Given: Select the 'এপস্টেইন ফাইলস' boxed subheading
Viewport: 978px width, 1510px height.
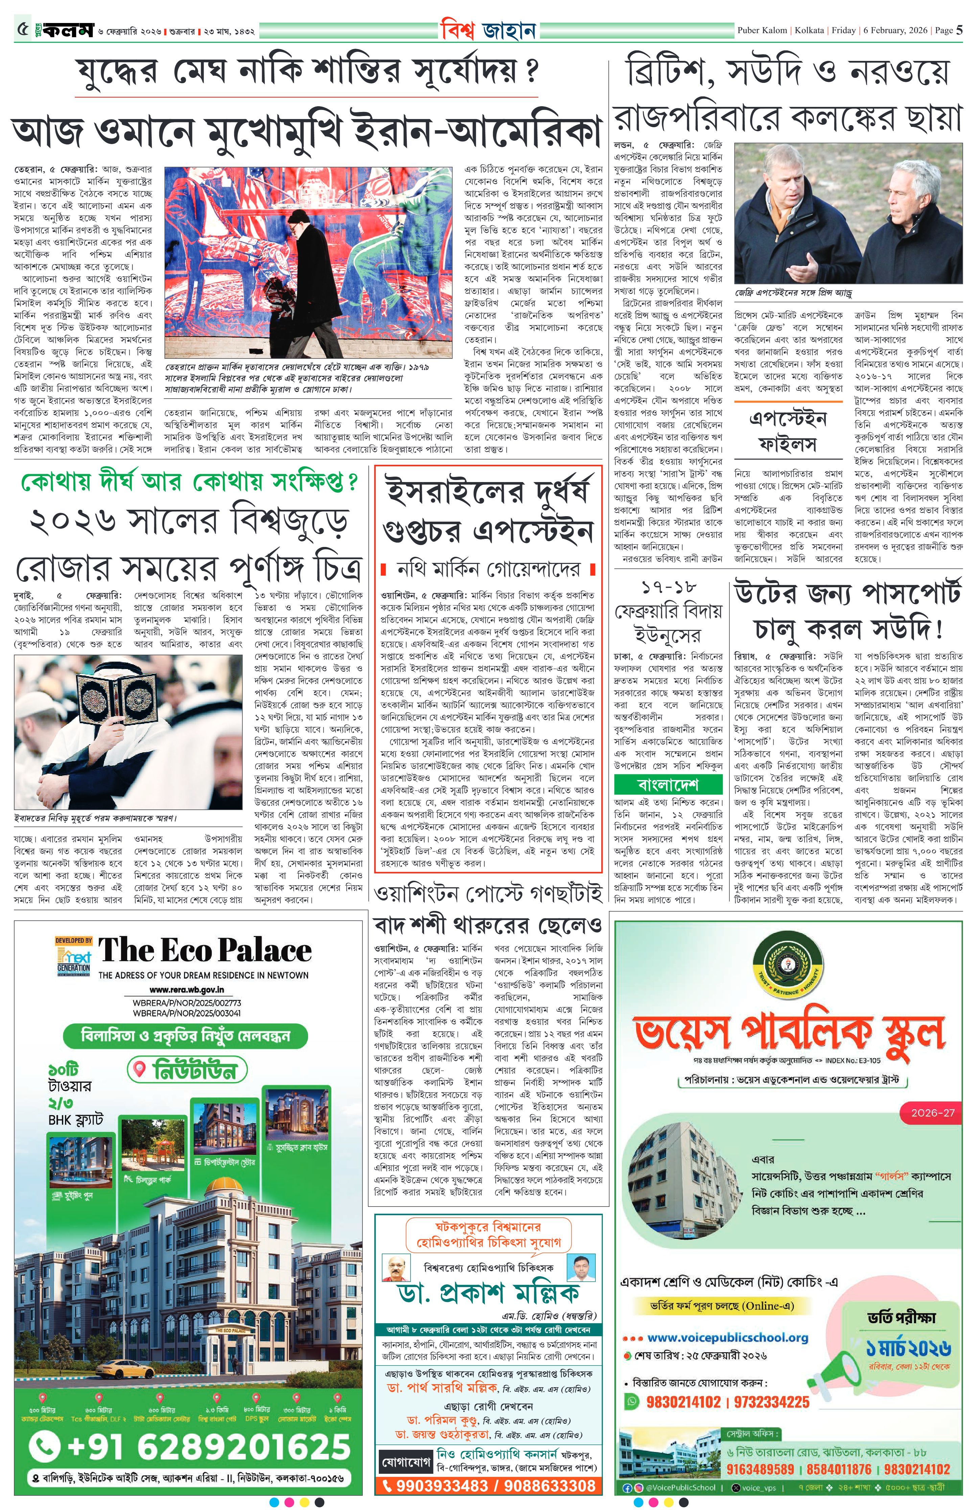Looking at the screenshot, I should tap(788, 431).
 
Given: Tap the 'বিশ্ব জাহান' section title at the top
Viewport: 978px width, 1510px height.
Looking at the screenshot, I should tap(488, 30).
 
